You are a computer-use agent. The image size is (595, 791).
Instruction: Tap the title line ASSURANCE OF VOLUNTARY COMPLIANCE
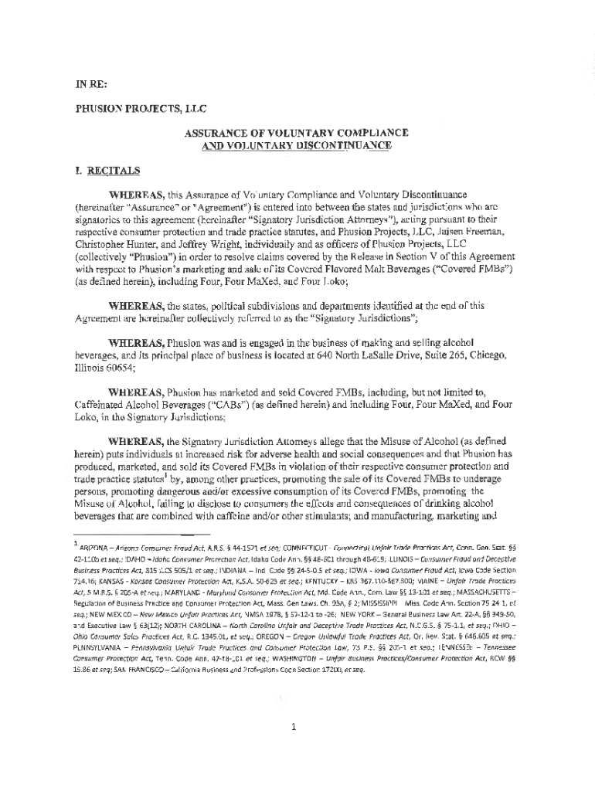(296, 133)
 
